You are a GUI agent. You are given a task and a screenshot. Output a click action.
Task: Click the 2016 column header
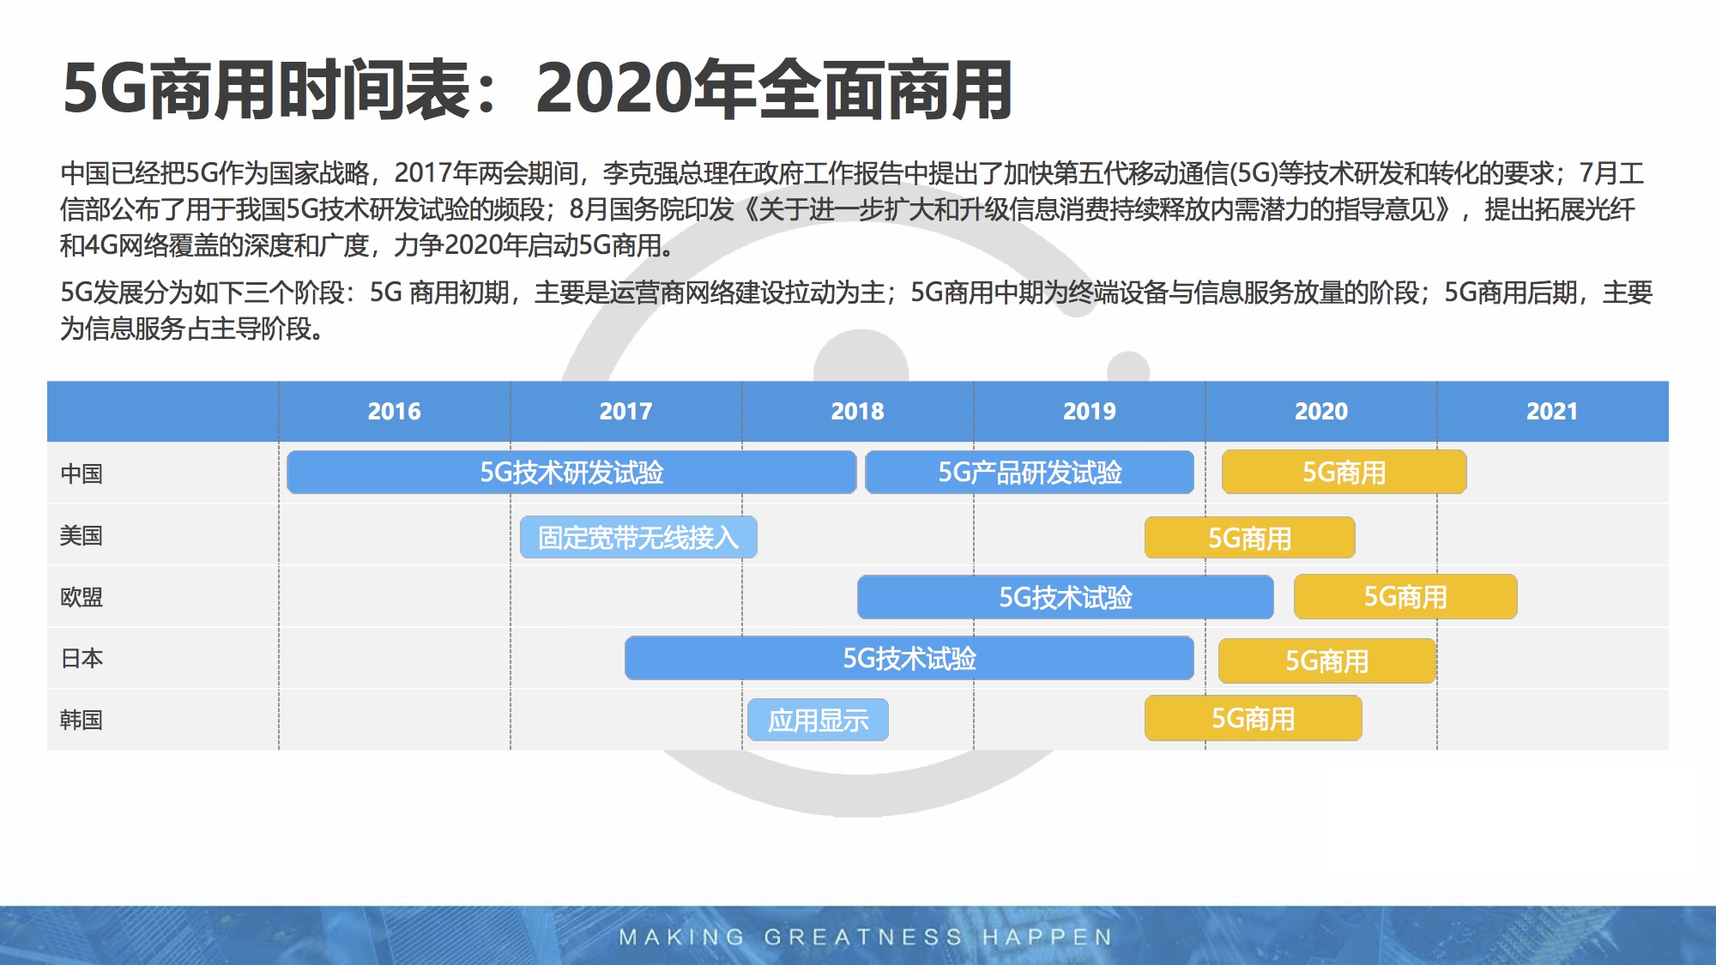pos(394,412)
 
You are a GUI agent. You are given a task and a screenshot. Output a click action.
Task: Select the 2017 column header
pos(625,412)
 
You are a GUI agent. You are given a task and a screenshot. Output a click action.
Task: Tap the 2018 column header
pos(857,412)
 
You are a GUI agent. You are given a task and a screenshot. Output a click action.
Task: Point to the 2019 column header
pos(1090,412)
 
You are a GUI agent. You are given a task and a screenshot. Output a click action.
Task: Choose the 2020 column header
pos(1321,412)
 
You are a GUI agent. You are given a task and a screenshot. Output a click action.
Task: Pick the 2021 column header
pos(1552,412)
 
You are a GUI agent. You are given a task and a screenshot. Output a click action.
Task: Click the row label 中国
pos(82,473)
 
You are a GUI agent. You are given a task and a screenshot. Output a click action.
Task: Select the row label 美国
pos(82,535)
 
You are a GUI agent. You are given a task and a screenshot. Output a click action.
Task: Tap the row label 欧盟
pos(82,597)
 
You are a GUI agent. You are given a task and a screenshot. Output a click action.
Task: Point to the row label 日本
pos(82,659)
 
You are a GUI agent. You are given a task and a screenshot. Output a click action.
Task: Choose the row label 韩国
pos(82,720)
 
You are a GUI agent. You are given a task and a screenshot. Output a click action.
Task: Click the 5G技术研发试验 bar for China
pos(571,472)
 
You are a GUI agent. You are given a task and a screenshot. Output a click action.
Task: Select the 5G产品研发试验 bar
pos(1030,472)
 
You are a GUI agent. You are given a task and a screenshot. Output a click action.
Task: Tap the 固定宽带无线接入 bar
pos(638,537)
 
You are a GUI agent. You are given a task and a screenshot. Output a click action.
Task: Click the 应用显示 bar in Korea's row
pos(818,720)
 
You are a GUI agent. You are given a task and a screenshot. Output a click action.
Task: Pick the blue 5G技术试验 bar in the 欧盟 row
pos(1065,597)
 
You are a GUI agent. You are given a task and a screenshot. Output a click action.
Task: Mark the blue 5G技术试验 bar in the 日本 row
pos(909,658)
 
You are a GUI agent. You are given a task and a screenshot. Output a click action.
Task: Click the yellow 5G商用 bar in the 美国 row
pos(1250,538)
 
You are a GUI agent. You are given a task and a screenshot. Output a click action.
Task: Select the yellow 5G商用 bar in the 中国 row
pos(1344,472)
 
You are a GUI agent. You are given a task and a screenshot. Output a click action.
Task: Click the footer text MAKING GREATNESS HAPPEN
pos(866,937)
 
